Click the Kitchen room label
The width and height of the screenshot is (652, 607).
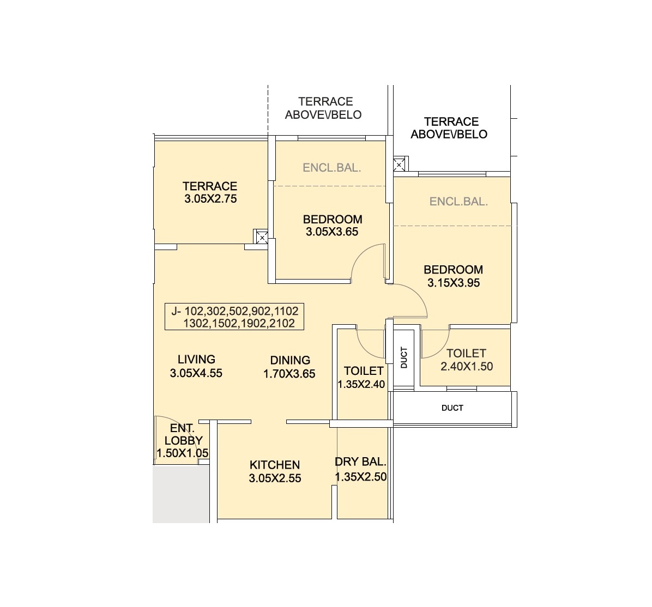[x=274, y=465]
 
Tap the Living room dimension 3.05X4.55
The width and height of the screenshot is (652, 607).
[x=196, y=373]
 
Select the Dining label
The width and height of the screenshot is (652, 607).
[x=290, y=360]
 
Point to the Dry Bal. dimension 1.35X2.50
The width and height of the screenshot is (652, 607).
[x=360, y=477]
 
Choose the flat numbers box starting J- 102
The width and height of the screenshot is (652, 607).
[x=234, y=317]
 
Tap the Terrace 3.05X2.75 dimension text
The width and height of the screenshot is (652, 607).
[x=210, y=199]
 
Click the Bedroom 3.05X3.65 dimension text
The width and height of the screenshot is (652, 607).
[x=332, y=232]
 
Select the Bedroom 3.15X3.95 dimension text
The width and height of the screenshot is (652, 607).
[x=454, y=283]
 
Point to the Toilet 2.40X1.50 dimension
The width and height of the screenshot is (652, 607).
[x=466, y=366]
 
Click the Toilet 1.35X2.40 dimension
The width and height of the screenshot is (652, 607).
[x=361, y=384]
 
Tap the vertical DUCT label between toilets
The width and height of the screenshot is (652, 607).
[x=404, y=358]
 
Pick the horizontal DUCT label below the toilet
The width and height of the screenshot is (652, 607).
[x=452, y=408]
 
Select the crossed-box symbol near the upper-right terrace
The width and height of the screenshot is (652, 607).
[x=400, y=165]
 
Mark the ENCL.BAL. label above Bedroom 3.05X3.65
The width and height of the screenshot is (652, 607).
[x=331, y=168]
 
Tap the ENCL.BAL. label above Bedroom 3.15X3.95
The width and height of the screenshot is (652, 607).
[x=458, y=202]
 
